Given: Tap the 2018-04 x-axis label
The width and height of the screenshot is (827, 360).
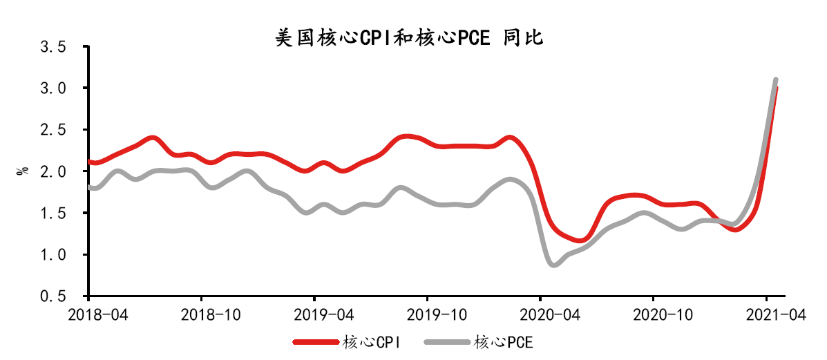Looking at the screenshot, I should (88, 314).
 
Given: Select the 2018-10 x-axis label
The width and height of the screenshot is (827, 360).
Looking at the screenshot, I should (201, 314).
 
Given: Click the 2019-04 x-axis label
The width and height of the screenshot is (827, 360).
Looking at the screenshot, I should (314, 314).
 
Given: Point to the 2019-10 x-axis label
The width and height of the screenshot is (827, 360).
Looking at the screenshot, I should (428, 314).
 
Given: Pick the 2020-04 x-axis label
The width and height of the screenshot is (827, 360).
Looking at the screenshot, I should (541, 314).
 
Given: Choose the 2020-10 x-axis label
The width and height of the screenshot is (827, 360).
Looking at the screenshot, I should (654, 314).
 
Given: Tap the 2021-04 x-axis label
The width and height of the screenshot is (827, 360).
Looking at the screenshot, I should (768, 314).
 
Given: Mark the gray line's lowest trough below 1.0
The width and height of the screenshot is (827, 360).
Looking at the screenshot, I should (553, 264).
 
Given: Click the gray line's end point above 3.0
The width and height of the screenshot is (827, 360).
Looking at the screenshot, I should (775, 80).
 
